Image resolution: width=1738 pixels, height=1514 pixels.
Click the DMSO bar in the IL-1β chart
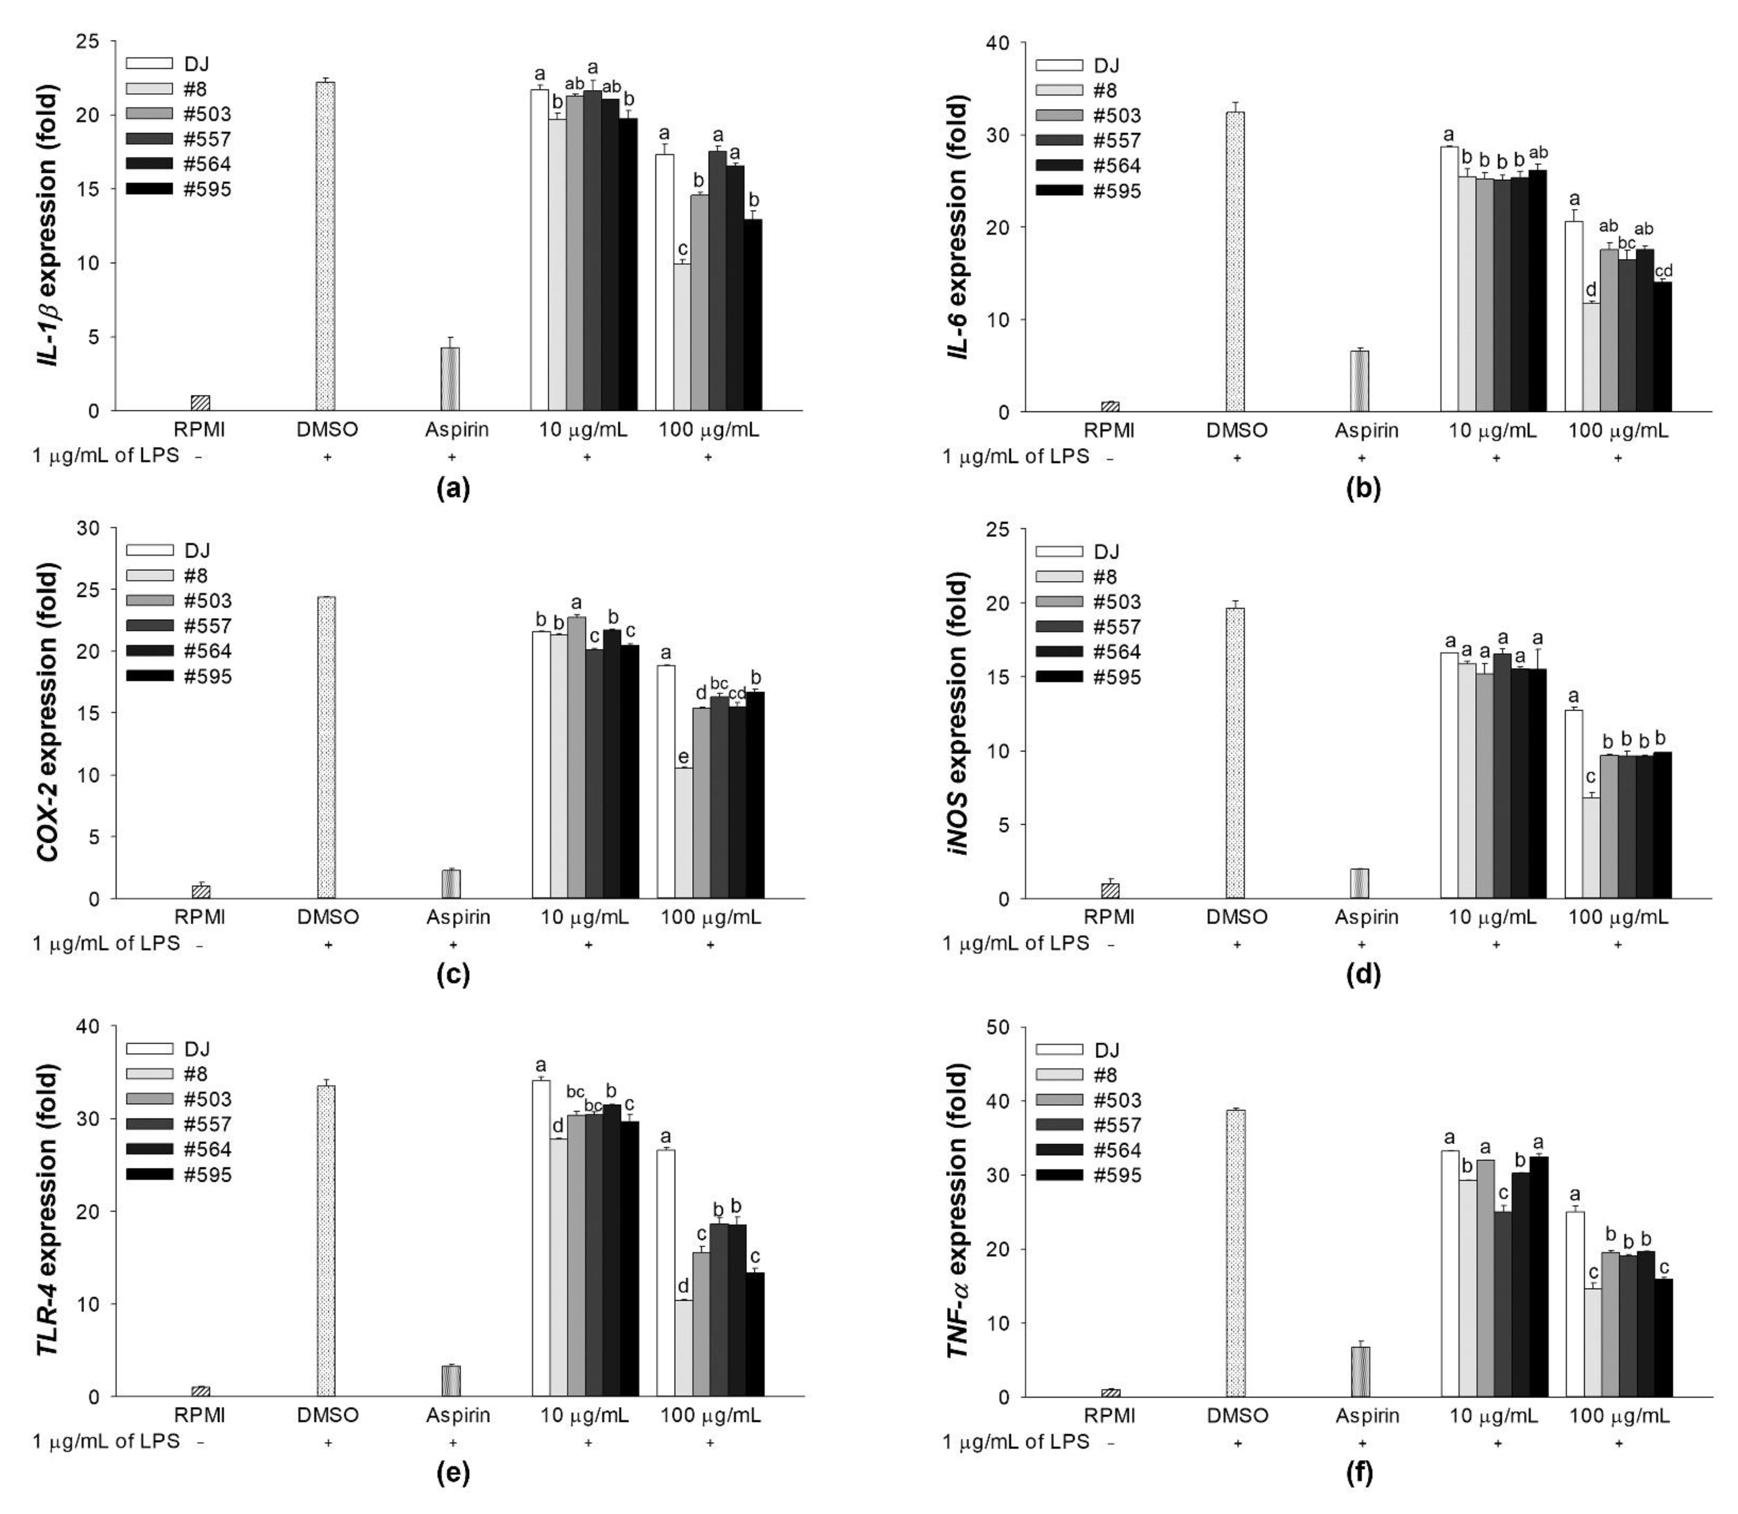point(325,247)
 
